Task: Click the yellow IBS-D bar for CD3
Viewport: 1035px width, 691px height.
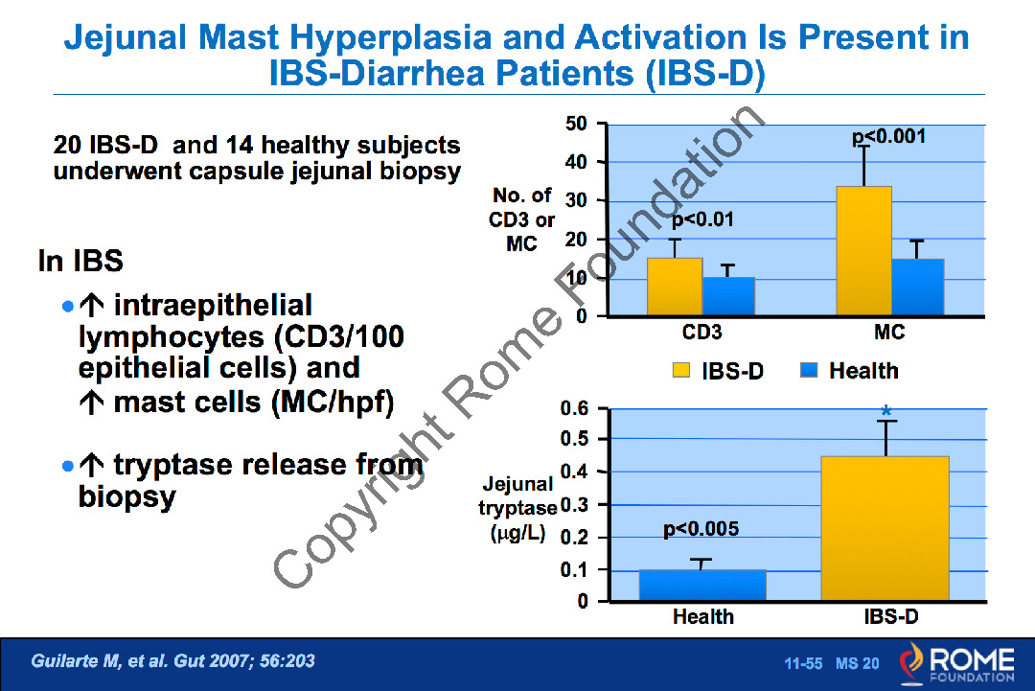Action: pyautogui.click(x=675, y=287)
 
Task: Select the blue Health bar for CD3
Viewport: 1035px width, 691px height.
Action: pyautogui.click(x=728, y=296)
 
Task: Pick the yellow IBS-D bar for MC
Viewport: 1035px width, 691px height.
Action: pyautogui.click(x=863, y=251)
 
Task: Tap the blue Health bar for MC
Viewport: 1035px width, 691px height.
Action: pyautogui.click(x=917, y=287)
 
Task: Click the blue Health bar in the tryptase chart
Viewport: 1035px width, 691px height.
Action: pyautogui.click(x=702, y=586)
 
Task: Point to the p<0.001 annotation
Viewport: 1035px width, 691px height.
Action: pyautogui.click(x=889, y=137)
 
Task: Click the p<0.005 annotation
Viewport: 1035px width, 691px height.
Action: pyautogui.click(x=701, y=528)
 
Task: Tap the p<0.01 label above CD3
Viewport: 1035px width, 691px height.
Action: pyautogui.click(x=702, y=219)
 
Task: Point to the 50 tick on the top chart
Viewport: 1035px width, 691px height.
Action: pyautogui.click(x=577, y=124)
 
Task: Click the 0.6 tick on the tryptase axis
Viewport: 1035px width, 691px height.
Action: pyautogui.click(x=574, y=408)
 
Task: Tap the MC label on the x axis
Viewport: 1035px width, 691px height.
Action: pyautogui.click(x=889, y=334)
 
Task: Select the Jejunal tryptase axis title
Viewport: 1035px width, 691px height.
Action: pyautogui.click(x=518, y=509)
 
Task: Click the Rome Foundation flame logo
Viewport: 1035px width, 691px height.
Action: pyautogui.click(x=911, y=662)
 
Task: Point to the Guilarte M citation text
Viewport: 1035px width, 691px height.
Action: pyautogui.click(x=173, y=661)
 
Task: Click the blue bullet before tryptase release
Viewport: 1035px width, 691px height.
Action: pyautogui.click(x=67, y=466)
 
